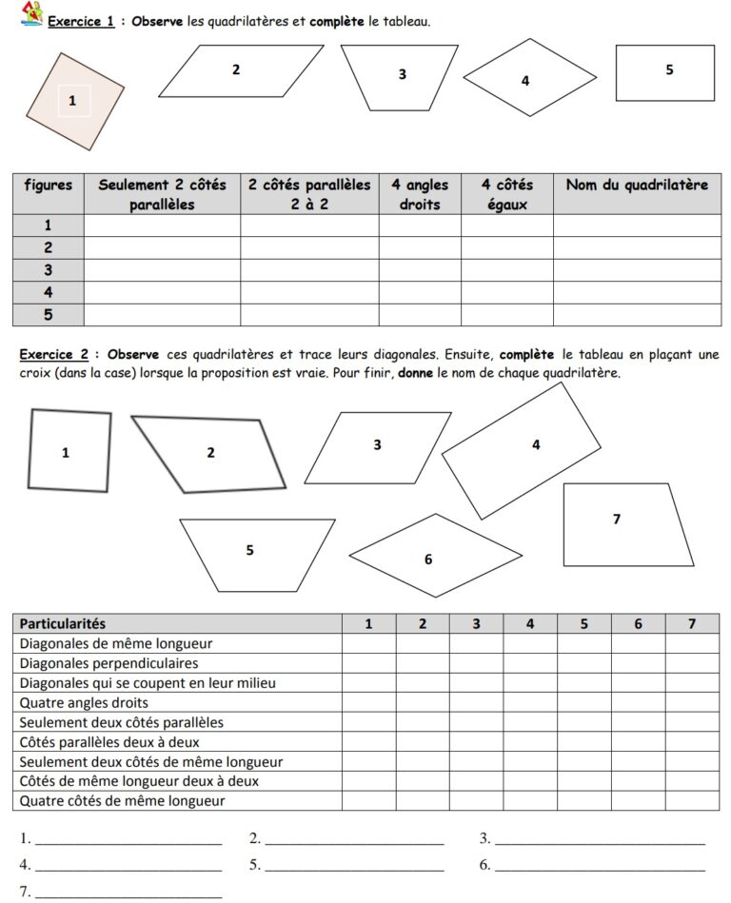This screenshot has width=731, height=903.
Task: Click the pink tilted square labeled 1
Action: pos(76,101)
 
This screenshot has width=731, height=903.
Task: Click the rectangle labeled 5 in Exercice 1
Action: pos(664,72)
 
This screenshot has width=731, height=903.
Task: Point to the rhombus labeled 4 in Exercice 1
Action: pos(529,77)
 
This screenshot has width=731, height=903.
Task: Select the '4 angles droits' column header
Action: pos(420,193)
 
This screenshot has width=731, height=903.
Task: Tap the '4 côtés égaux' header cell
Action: pos(506,193)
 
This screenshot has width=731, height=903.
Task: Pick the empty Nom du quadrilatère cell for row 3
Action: pos(637,270)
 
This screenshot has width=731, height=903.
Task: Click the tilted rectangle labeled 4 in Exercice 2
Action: pos(522,450)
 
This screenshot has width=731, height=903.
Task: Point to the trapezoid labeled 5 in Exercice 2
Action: pos(257,552)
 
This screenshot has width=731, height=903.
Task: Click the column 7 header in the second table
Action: pos(692,623)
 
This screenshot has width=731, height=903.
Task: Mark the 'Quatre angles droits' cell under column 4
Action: pos(530,703)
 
